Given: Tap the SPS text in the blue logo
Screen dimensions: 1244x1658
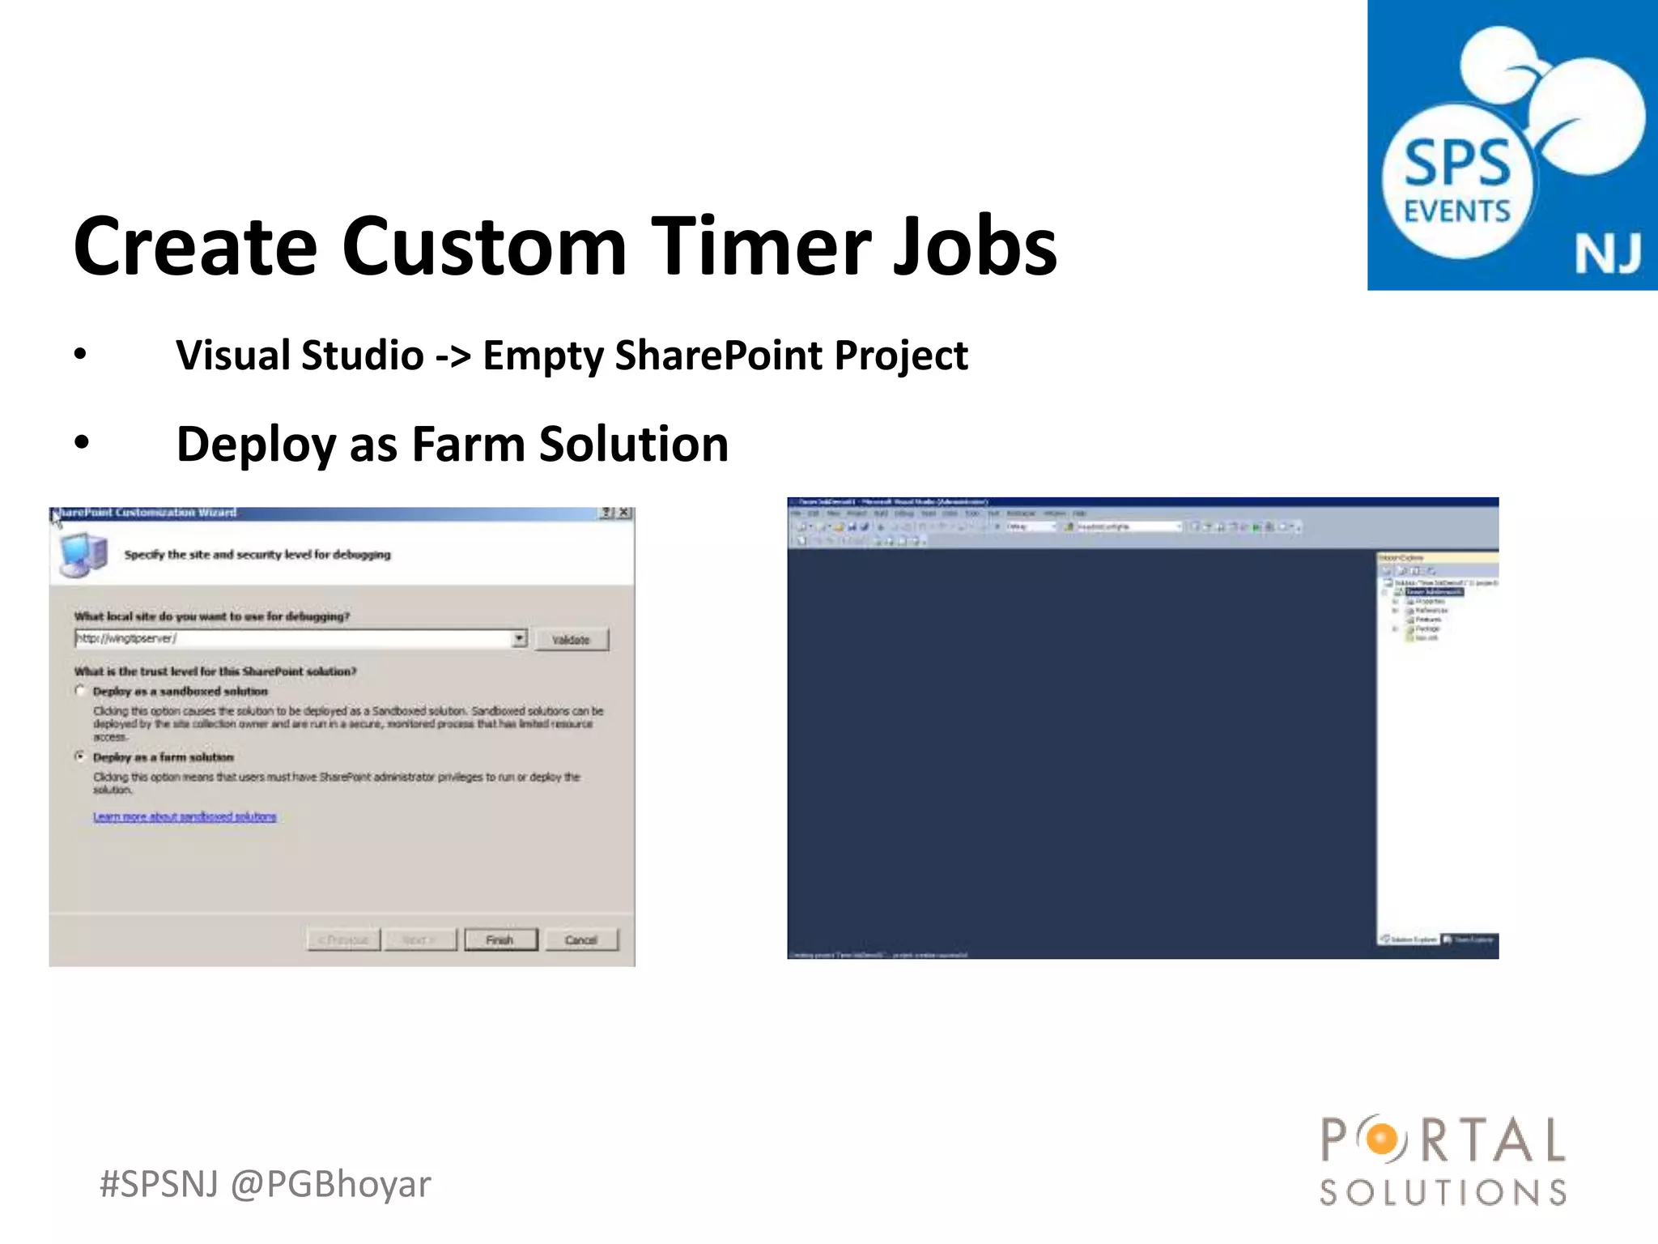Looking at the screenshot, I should click(x=1456, y=164).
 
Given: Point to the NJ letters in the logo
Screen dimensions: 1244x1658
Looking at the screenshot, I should click(x=1607, y=254).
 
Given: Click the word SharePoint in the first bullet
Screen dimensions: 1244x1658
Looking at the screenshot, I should click(x=721, y=356).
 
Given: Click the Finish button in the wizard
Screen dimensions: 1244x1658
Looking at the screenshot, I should click(x=500, y=939).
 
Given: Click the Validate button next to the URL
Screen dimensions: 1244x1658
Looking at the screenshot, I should click(x=571, y=640).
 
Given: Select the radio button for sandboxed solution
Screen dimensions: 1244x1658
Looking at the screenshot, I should click(x=80, y=691).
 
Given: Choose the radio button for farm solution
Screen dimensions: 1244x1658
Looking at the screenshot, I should click(x=80, y=756).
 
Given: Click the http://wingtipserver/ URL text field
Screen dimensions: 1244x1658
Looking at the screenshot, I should click(x=291, y=639).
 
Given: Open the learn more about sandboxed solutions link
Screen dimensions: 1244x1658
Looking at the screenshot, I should click(x=185, y=816).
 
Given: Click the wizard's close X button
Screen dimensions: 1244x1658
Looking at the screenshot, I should click(x=624, y=513).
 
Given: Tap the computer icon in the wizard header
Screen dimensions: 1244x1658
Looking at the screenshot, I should click(x=83, y=555).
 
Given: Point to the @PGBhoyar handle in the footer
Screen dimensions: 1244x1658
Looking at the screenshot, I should click(x=330, y=1185).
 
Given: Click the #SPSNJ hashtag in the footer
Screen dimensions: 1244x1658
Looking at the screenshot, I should click(x=159, y=1185).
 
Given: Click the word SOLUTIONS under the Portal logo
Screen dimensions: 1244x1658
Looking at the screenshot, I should click(x=1443, y=1192).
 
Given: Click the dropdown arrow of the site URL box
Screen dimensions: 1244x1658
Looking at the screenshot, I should click(x=519, y=639).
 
